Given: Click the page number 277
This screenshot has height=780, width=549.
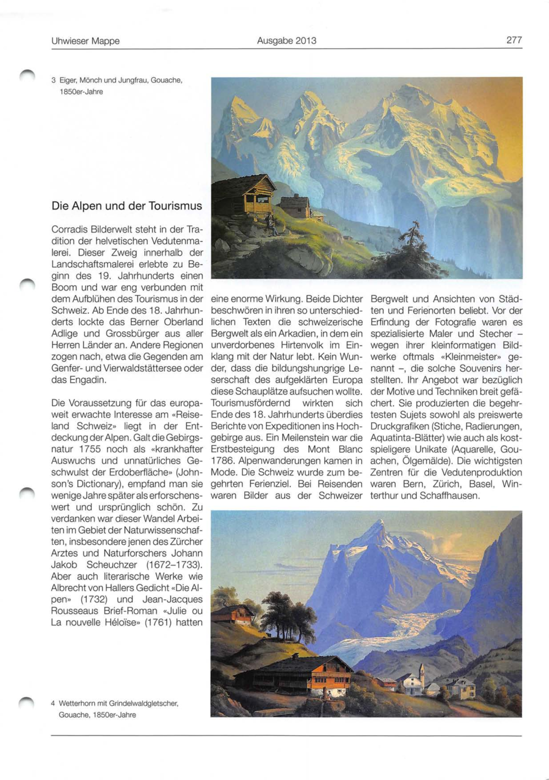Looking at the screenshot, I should (x=514, y=40).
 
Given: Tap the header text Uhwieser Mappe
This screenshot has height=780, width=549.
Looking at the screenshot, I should (x=85, y=41).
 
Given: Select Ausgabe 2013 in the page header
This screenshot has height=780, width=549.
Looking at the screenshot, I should (x=286, y=41).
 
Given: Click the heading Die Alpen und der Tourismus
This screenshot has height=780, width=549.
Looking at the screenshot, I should (x=127, y=206).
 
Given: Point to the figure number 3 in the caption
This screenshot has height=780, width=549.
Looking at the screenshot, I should (x=54, y=80).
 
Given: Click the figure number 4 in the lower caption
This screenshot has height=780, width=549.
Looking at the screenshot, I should (x=53, y=703).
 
